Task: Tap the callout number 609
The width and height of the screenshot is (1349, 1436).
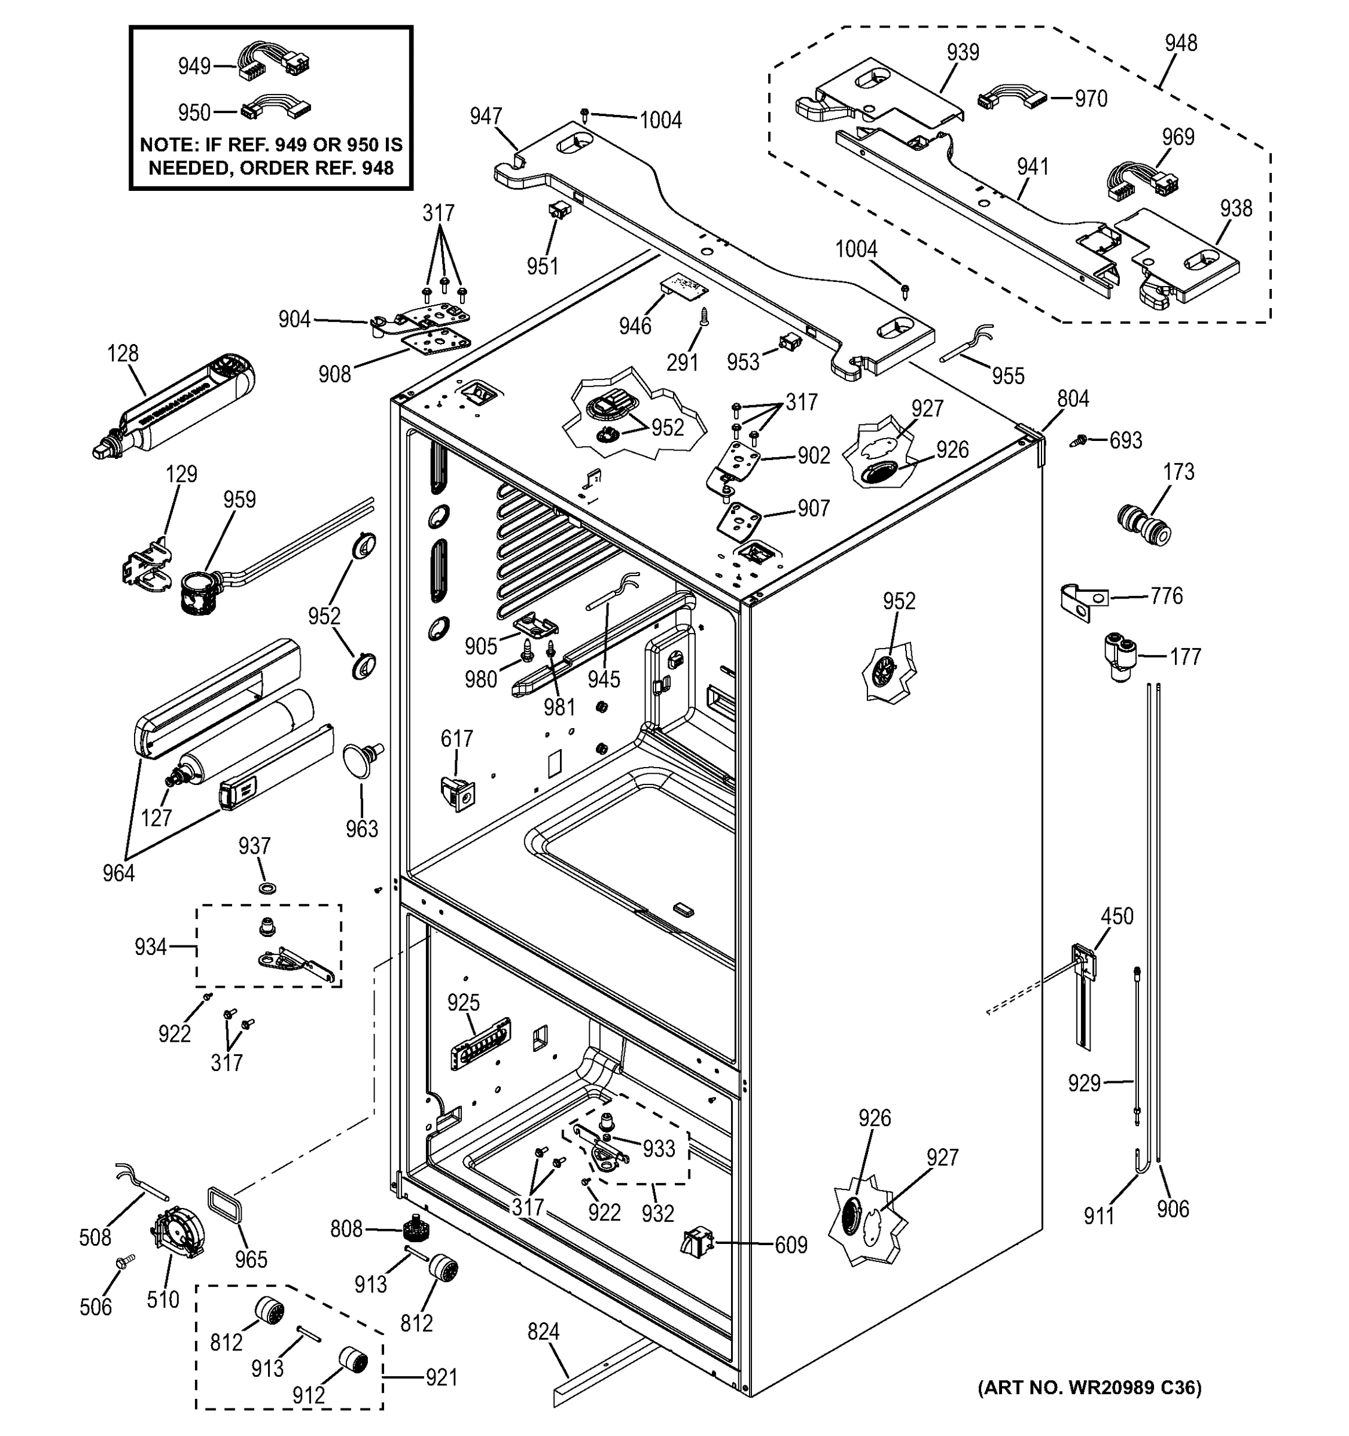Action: (791, 1245)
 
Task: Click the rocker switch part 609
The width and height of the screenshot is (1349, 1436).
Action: (696, 1242)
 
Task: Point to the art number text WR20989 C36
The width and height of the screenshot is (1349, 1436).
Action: (1089, 1387)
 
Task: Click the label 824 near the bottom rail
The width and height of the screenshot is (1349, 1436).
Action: (543, 1331)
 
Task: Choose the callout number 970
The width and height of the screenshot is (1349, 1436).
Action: (1091, 98)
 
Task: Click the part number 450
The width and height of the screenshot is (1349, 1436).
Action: (1116, 916)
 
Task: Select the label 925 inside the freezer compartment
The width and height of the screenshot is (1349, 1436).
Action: (463, 1003)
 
